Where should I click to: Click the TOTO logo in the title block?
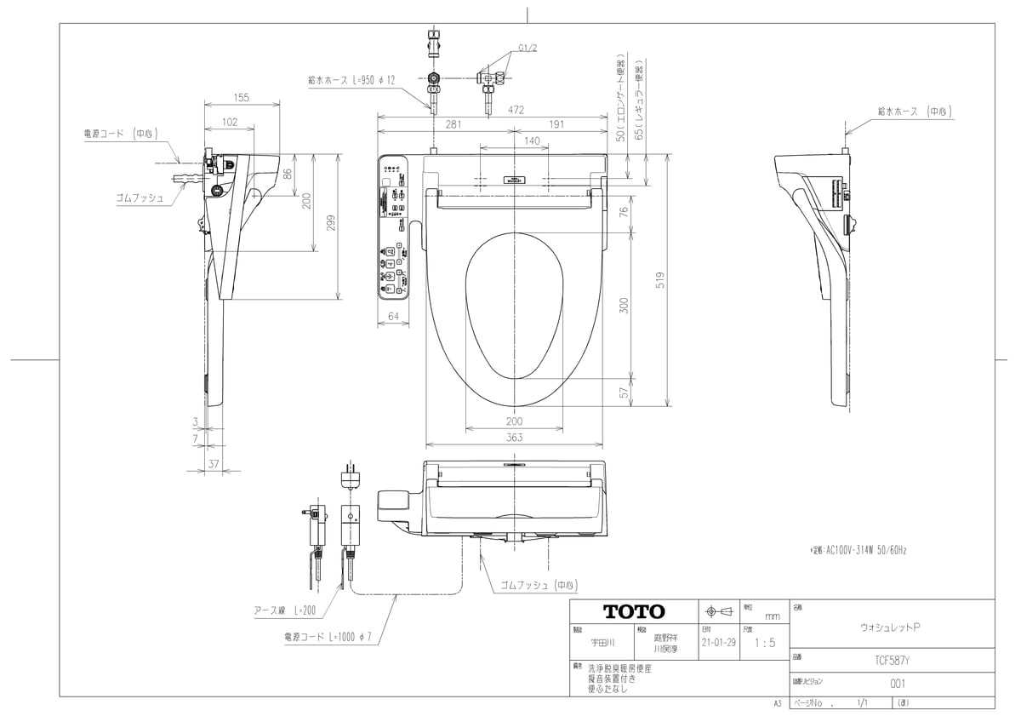tap(634, 611)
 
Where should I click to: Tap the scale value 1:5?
tap(765, 643)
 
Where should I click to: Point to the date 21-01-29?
tap(719, 643)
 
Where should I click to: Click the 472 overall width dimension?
tap(516, 110)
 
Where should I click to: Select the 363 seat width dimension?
tap(514, 438)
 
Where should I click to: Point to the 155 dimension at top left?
tap(242, 98)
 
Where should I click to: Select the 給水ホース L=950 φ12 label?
tap(352, 79)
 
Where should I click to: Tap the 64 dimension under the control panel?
tap(393, 318)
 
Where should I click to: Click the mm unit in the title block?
tap(772, 616)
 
